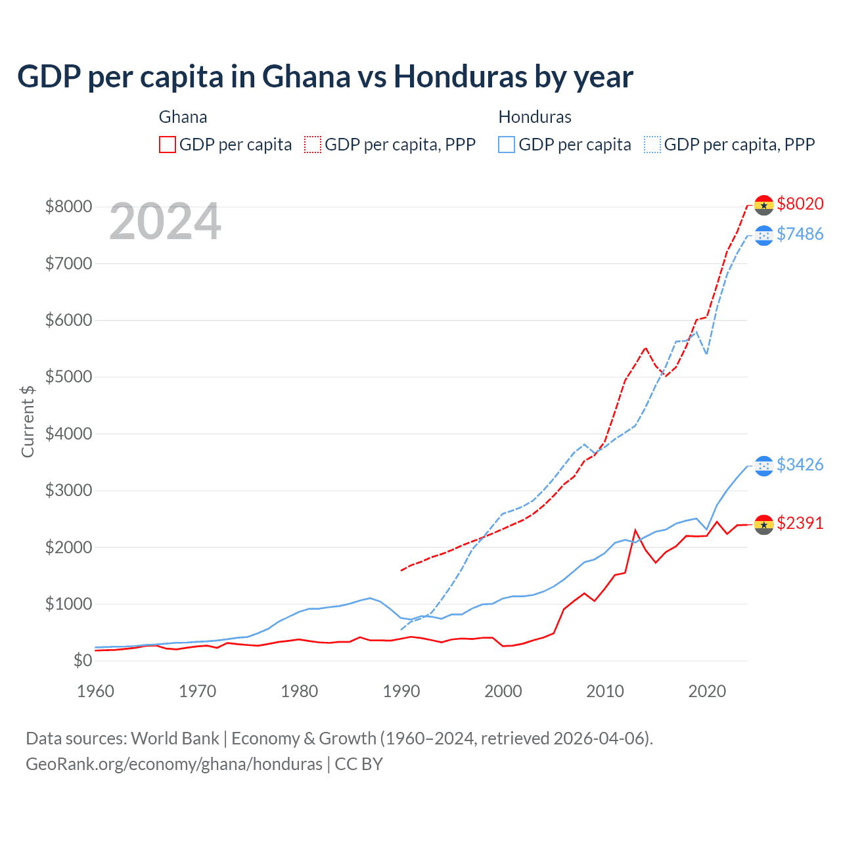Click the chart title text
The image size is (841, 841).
[325, 77]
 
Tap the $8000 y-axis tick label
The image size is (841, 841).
[68, 207]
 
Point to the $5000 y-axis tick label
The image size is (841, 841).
[68, 377]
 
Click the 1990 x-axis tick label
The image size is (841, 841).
[401, 691]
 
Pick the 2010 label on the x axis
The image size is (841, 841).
[604, 691]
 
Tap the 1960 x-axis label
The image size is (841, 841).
[96, 691]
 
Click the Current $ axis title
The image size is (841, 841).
[28, 421]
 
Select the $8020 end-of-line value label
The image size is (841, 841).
[800, 204]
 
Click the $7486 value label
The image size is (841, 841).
[800, 235]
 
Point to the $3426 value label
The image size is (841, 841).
[800, 465]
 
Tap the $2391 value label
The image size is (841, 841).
[800, 524]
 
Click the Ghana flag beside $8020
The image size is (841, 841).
[763, 205]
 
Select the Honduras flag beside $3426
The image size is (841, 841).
[763, 466]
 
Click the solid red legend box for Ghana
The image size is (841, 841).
[168, 145]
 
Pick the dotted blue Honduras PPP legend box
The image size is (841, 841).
[652, 145]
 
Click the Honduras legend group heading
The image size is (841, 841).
[535, 117]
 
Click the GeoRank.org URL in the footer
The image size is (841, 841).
[174, 764]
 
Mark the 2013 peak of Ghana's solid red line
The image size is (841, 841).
[635, 530]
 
